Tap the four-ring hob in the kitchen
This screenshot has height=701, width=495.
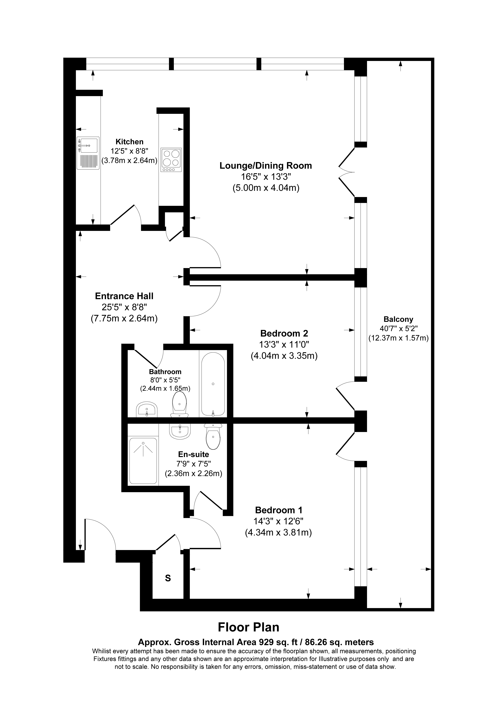click(171, 160)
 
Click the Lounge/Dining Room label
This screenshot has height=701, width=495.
click(266, 166)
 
